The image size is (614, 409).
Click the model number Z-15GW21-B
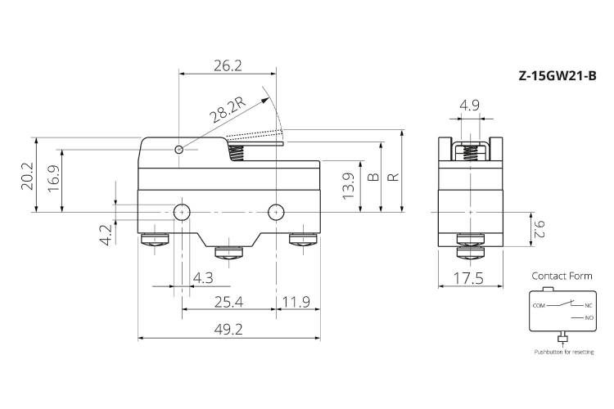coord(558,75)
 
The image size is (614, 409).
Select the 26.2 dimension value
coord(228,65)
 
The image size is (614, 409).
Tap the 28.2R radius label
coord(227,109)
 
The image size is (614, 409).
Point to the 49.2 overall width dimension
coord(228,330)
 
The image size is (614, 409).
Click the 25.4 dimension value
coord(228,302)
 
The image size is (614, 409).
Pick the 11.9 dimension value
coord(296,302)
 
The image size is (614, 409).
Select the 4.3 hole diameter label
coord(203,278)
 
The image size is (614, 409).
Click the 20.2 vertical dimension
coord(27,177)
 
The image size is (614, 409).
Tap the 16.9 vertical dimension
coord(54,178)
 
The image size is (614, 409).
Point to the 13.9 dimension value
coord(349,186)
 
